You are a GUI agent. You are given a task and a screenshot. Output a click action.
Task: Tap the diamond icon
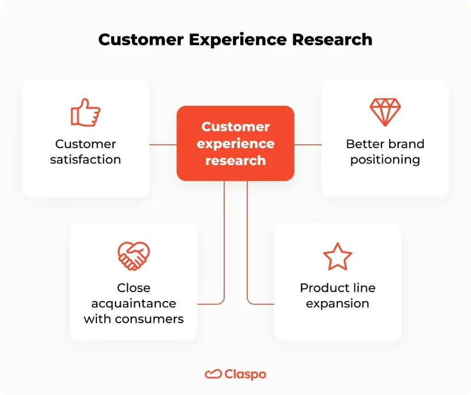pyautogui.click(x=385, y=112)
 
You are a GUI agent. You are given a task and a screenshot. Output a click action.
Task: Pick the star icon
pyautogui.click(x=337, y=256)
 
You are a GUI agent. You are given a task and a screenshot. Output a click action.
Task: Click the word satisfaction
pyautogui.click(x=85, y=159)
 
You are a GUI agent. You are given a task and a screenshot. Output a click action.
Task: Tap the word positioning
pyautogui.click(x=385, y=160)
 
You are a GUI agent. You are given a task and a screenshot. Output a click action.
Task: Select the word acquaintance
pyautogui.click(x=134, y=303)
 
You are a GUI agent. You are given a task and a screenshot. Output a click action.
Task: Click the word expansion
pyautogui.click(x=337, y=303)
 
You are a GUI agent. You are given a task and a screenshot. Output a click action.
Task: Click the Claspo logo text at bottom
pyautogui.click(x=245, y=374)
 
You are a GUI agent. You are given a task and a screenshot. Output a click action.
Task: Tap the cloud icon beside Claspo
pyautogui.click(x=213, y=374)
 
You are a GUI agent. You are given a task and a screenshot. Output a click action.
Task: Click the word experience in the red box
pyautogui.click(x=235, y=143)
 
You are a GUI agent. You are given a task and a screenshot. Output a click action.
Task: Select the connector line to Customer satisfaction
pyautogui.click(x=163, y=144)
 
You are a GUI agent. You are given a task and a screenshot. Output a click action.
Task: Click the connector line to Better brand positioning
pyautogui.click(x=308, y=144)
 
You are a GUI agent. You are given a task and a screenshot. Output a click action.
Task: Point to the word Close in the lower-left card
pyautogui.click(x=134, y=288)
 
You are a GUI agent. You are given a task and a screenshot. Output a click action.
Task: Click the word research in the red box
pyautogui.click(x=235, y=160)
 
